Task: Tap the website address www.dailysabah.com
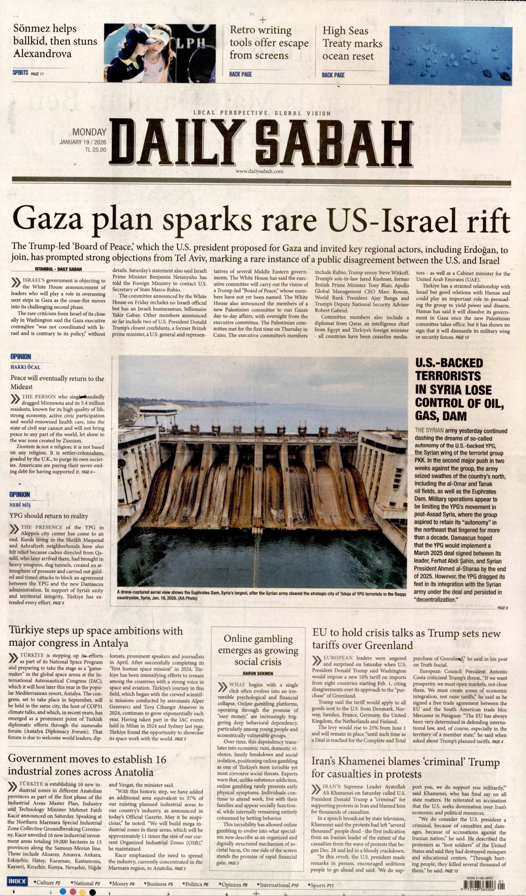260,171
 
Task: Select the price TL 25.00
95,150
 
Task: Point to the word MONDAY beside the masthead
89,132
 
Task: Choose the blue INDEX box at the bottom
17,881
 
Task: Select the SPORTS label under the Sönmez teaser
20,73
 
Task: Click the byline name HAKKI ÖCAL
25,367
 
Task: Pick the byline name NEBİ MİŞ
20,505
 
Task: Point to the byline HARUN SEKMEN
257,673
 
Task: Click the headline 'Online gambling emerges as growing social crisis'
258,650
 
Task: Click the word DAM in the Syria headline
454,416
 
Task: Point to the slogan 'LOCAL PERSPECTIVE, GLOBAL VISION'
262,113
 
